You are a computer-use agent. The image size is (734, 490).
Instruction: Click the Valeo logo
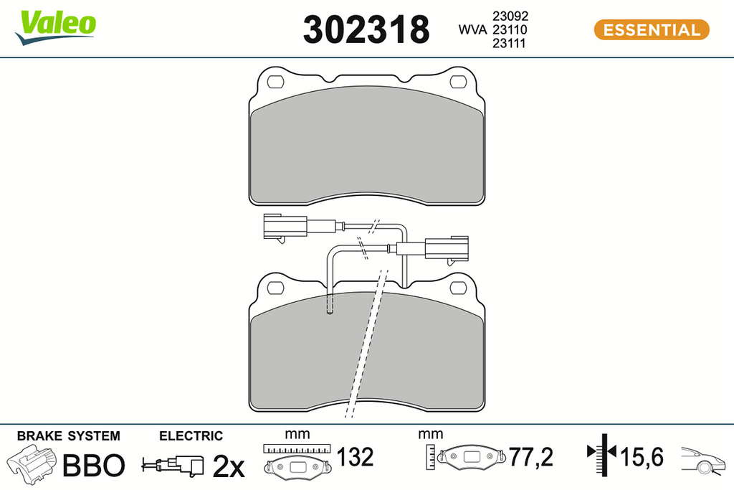click(x=55, y=27)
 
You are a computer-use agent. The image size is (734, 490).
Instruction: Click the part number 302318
click(x=366, y=29)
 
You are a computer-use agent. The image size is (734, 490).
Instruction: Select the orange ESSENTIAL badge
click(x=652, y=29)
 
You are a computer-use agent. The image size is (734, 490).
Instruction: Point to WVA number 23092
click(x=510, y=16)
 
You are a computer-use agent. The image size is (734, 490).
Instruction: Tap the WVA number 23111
click(x=510, y=43)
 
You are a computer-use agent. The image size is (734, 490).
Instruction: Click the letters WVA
click(x=472, y=29)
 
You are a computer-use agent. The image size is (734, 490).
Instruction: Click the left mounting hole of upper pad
click(x=275, y=82)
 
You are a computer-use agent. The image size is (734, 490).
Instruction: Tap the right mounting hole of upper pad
click(x=458, y=82)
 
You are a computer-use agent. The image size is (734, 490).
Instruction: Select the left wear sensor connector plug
click(x=285, y=227)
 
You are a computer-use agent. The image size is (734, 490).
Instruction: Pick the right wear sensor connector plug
click(x=447, y=248)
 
